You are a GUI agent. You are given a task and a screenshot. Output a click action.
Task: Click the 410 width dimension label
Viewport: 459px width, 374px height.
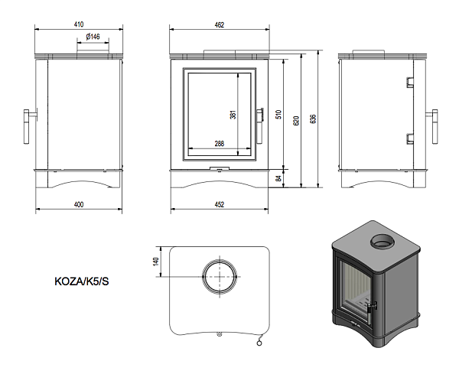pos(79,24)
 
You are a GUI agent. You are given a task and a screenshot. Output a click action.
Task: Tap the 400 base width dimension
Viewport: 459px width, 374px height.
pos(79,203)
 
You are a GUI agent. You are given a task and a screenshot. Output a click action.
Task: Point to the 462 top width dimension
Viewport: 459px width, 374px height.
pos(220,24)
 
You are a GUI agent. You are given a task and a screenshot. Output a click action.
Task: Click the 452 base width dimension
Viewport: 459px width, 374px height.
pos(220,203)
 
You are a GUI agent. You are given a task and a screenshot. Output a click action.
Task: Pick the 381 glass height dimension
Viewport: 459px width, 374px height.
pos(233,115)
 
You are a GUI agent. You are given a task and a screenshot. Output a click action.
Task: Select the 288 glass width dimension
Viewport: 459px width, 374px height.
pos(219,143)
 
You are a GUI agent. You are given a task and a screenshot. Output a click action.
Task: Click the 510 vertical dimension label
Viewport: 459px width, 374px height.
pos(279,115)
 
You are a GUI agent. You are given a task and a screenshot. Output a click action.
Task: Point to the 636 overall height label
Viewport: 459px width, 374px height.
pos(313,119)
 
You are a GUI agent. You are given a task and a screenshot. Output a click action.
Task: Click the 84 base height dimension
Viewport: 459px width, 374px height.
pos(279,177)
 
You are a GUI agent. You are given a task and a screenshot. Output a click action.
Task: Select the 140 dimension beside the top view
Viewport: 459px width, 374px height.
pos(156,261)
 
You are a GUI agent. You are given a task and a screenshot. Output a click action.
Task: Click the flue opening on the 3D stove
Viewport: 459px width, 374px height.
pos(380,243)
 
